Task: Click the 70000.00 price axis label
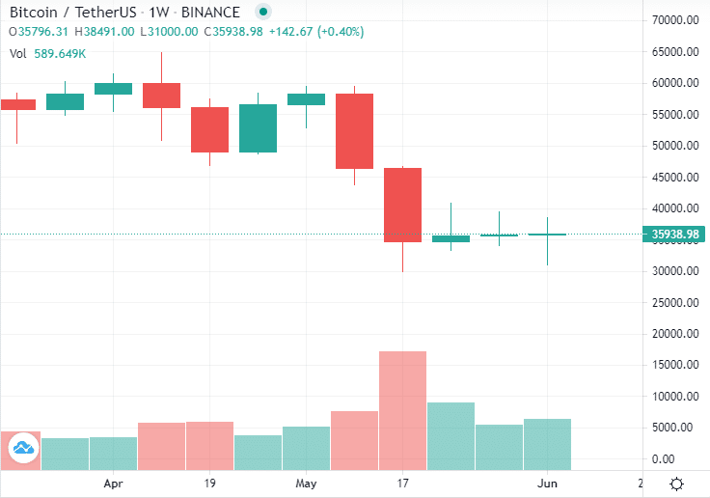(x=674, y=20)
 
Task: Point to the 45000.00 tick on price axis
(x=674, y=178)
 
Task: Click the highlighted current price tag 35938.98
(x=674, y=235)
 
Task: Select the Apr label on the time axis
(x=114, y=483)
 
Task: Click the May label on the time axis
(x=307, y=483)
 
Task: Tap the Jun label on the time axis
(x=547, y=483)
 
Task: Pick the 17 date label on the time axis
(x=402, y=483)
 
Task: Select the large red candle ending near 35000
(x=402, y=205)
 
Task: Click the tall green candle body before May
(x=258, y=128)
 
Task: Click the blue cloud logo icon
(x=22, y=447)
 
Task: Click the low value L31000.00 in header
(x=170, y=31)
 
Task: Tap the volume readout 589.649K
(x=61, y=53)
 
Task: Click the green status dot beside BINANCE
(x=263, y=13)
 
